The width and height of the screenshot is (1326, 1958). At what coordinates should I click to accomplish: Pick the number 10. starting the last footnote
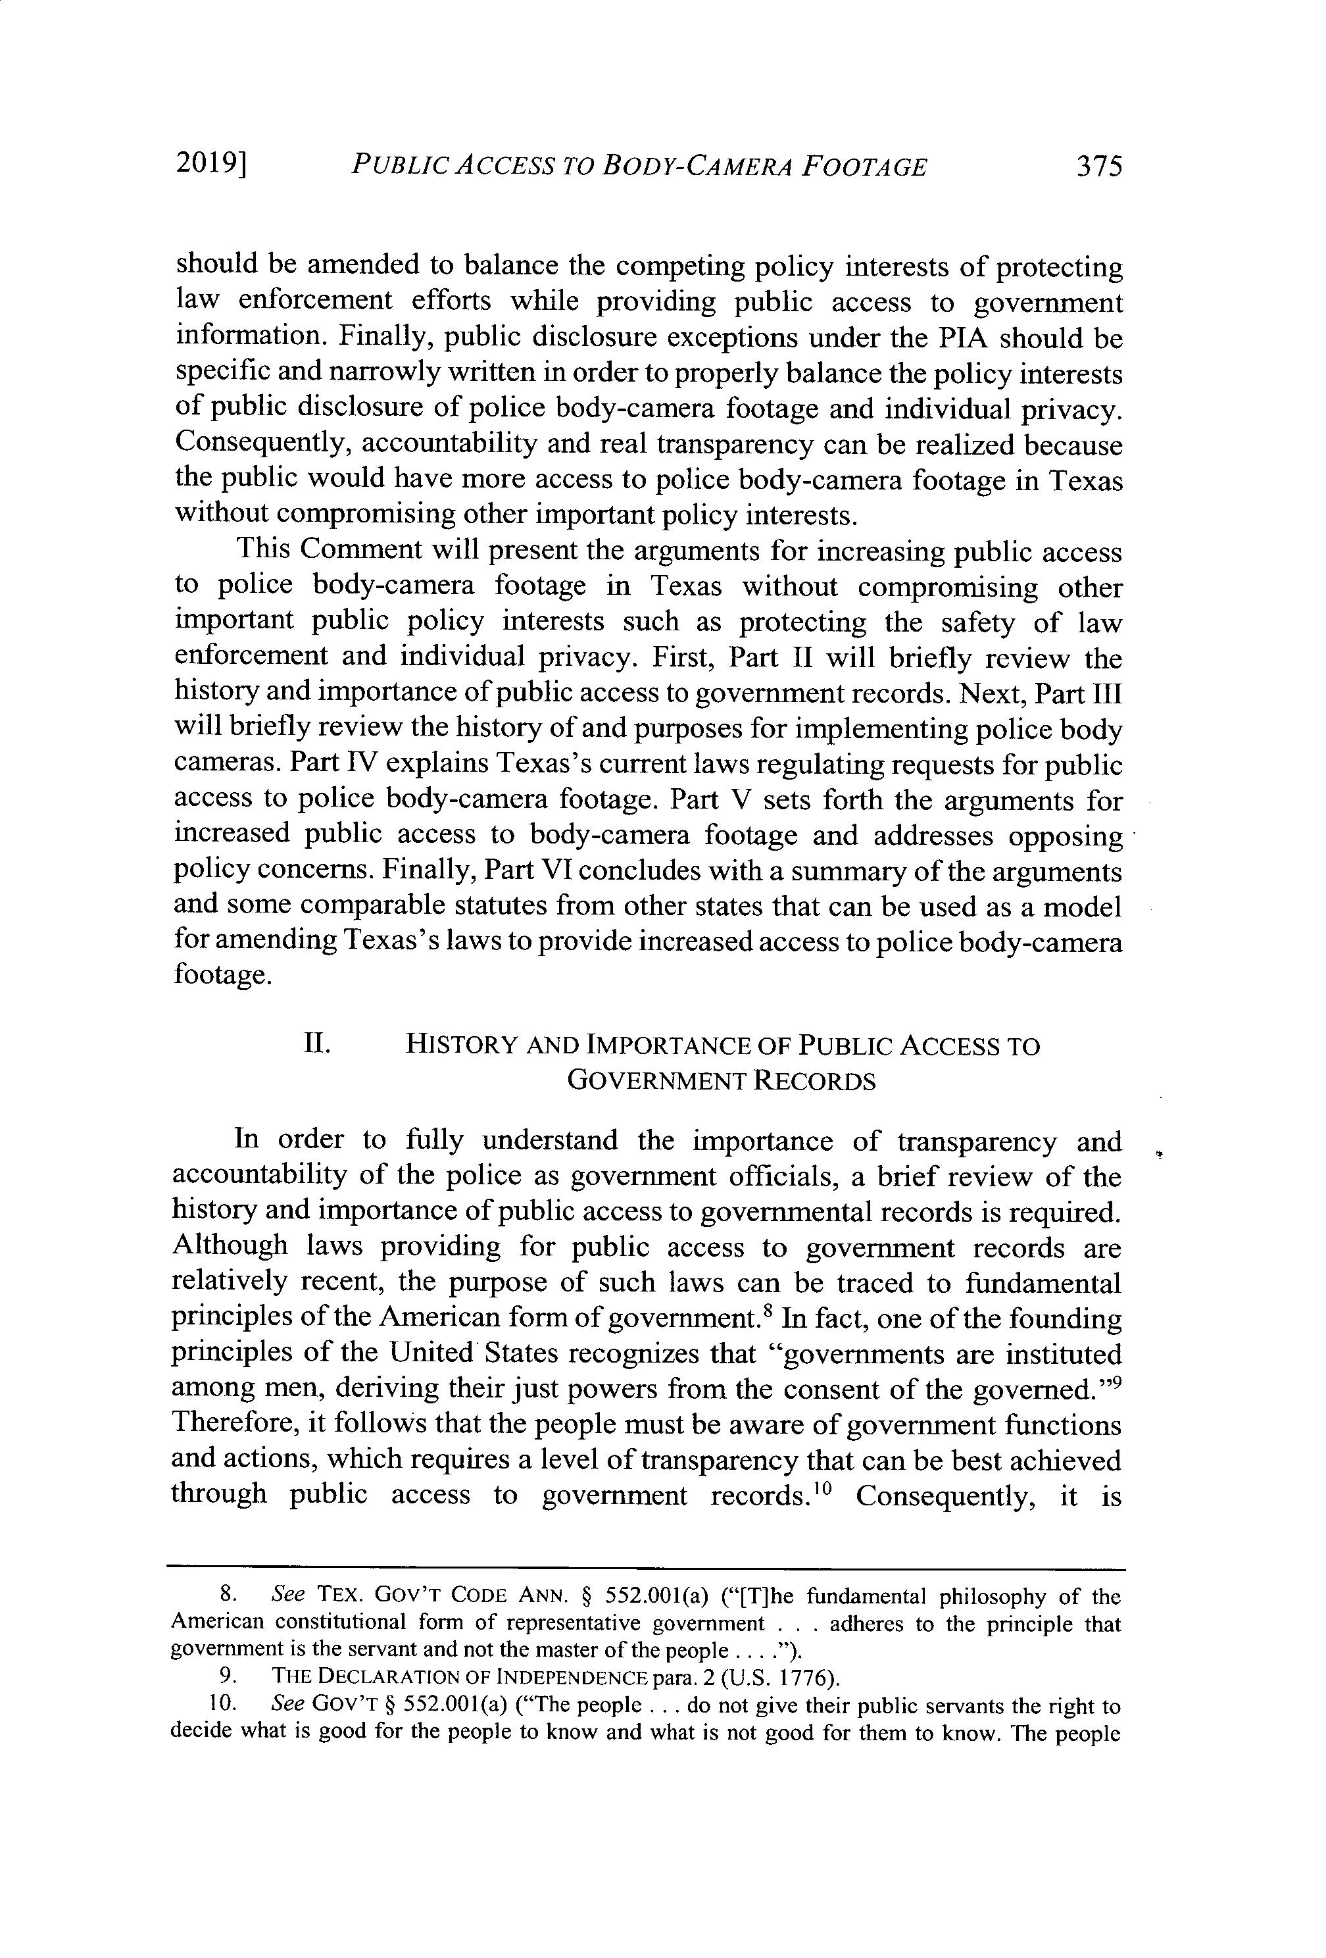pyautogui.click(x=221, y=1705)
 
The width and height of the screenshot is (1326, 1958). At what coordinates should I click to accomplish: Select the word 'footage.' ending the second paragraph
pyautogui.click(x=223, y=975)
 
